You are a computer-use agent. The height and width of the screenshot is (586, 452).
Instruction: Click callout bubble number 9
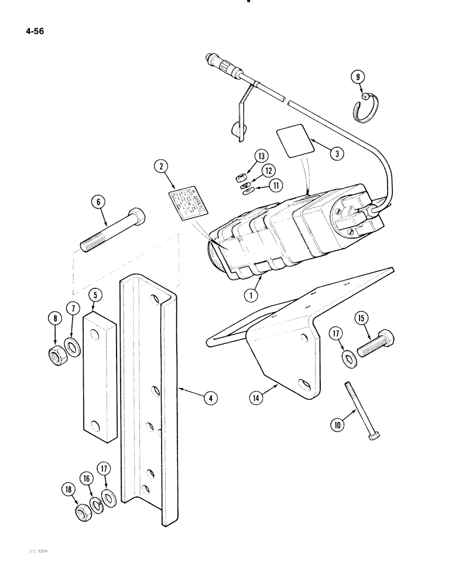[358, 77]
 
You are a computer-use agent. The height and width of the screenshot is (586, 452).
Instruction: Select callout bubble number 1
[251, 296]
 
